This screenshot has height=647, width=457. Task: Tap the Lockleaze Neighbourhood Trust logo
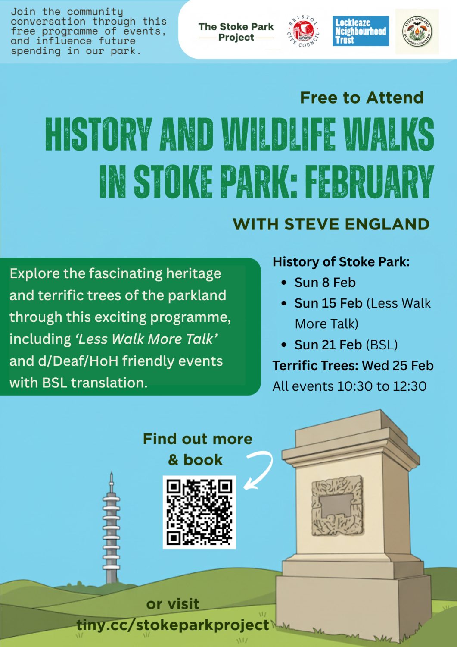coord(361,31)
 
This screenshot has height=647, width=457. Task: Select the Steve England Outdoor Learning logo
coord(417,31)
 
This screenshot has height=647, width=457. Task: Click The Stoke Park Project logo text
coord(236,32)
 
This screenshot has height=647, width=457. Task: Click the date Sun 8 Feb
coord(325,283)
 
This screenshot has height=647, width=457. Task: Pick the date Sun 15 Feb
coord(328,303)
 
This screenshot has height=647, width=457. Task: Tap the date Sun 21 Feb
coord(328,345)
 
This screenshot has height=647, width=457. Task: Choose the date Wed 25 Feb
coord(398,366)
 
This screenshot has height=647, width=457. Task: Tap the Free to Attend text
coord(362,97)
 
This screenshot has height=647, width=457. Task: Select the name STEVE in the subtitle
coord(313,224)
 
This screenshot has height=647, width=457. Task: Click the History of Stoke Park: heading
coord(341,262)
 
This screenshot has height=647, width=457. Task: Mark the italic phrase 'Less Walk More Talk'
coord(146,339)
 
